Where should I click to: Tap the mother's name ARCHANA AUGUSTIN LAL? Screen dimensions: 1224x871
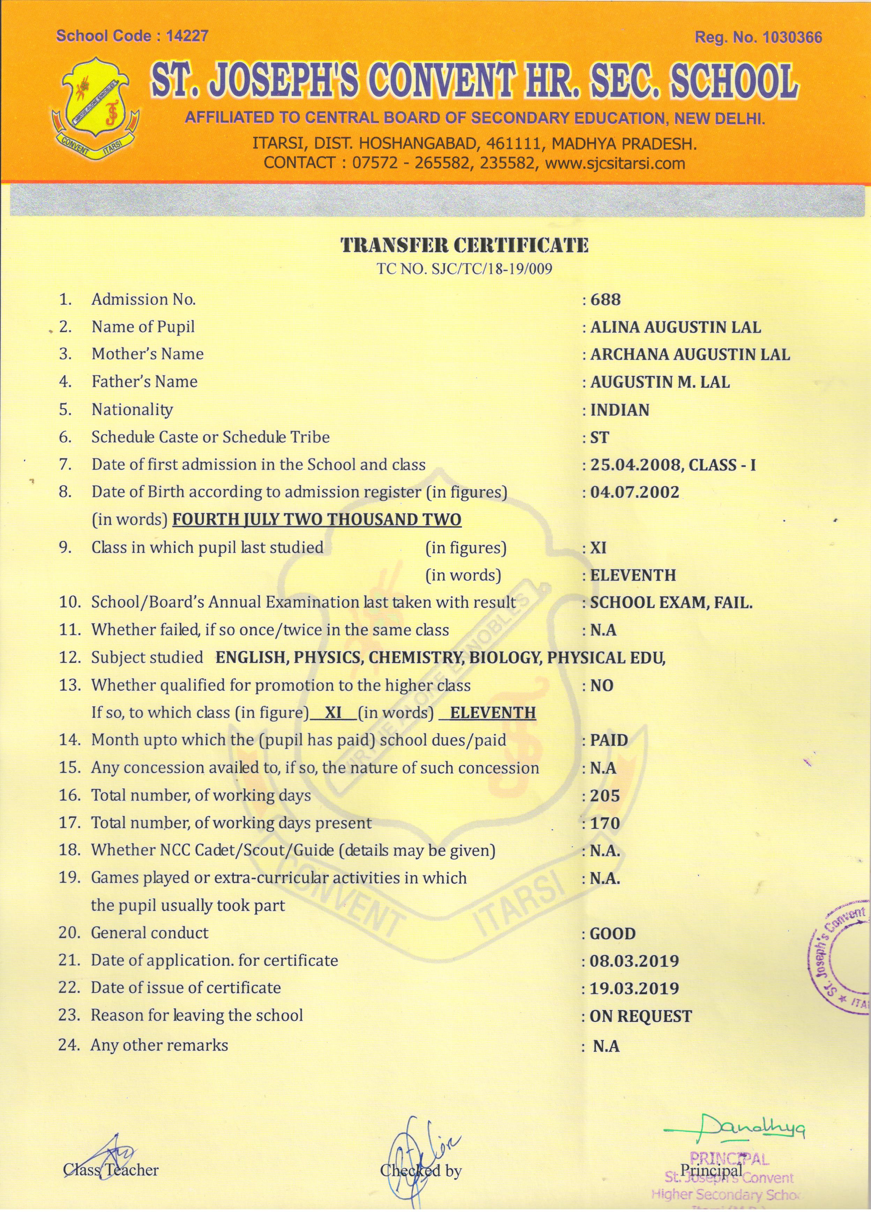tap(690, 355)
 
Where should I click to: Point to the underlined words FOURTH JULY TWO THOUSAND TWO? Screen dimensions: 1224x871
tap(317, 520)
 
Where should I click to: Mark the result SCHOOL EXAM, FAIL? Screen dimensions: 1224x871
tap(671, 603)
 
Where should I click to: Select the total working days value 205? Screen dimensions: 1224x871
tap(605, 795)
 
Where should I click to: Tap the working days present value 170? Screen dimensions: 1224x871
tap(605, 823)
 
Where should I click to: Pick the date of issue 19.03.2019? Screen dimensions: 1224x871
tap(634, 988)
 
